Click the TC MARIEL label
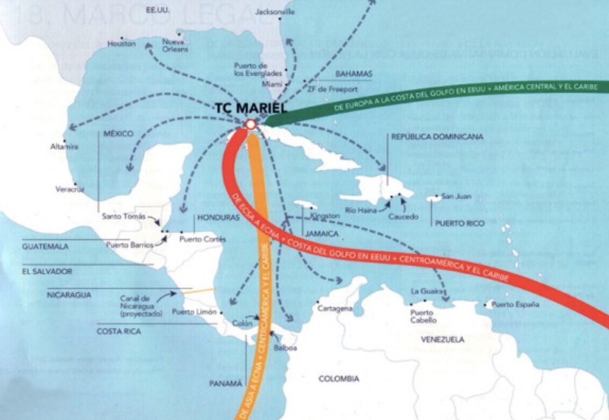point(250,108)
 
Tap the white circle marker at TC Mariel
point(250,124)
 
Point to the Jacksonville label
point(275,12)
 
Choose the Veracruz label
point(70,189)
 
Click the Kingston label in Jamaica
point(326,216)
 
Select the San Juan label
point(456,196)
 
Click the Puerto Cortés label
point(202,239)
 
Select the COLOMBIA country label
point(338,379)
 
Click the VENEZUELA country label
point(443,339)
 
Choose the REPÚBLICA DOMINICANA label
point(437,136)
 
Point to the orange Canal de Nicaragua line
point(199,291)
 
